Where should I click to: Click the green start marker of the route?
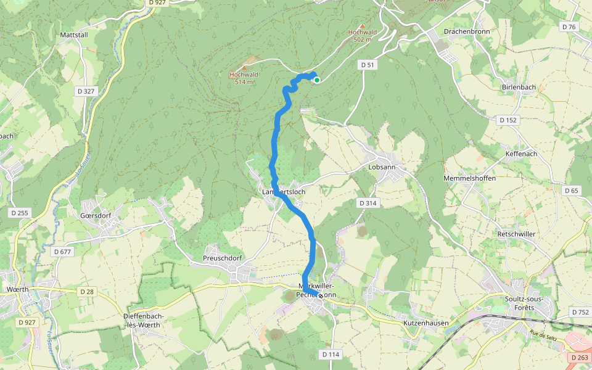click(316, 80)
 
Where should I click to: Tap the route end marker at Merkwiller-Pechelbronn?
click(321, 295)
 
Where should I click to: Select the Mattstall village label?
click(74, 35)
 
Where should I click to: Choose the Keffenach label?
click(521, 153)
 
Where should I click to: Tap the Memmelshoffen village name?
click(469, 178)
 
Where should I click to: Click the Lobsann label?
click(381, 166)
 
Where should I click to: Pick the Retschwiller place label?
click(516, 234)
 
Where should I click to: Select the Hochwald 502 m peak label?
click(362, 36)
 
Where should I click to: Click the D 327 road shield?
click(86, 91)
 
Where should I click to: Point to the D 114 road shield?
click(331, 355)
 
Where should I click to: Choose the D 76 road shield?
click(569, 27)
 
